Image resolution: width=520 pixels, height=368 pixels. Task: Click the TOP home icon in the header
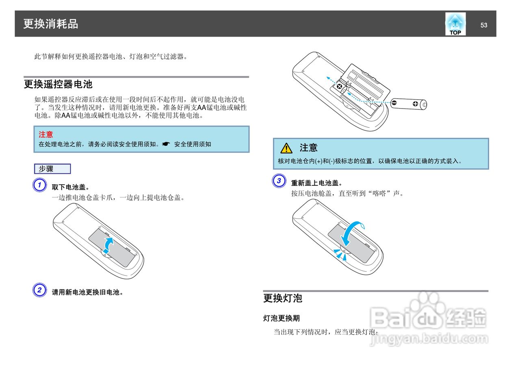(455, 24)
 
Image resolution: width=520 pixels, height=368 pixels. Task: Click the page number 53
(484, 25)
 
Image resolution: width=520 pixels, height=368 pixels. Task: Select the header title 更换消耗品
(51, 24)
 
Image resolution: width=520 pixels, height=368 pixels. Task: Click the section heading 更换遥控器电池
(58, 84)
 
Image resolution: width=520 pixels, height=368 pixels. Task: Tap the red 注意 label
(46, 135)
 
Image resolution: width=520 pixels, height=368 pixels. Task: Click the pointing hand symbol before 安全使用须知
(166, 144)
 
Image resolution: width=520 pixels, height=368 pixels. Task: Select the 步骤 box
(52, 169)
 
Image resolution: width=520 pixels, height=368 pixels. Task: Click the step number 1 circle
(39, 185)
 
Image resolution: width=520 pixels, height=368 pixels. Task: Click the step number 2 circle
(39, 290)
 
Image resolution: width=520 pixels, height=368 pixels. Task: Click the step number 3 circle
(279, 181)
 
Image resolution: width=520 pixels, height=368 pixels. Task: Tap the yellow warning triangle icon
(286, 148)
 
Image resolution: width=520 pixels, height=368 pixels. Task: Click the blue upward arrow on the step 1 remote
(108, 245)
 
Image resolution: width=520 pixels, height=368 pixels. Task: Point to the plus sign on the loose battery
(415, 104)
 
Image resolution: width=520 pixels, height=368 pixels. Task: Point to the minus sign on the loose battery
(394, 103)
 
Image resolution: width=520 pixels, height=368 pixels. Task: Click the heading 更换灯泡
(282, 298)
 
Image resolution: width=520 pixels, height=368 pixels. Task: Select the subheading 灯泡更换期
(282, 318)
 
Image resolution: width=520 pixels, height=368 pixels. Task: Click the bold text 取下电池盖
(70, 187)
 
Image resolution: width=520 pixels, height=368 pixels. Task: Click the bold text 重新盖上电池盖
(316, 183)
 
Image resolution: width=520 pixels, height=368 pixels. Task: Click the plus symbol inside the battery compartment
(339, 87)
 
